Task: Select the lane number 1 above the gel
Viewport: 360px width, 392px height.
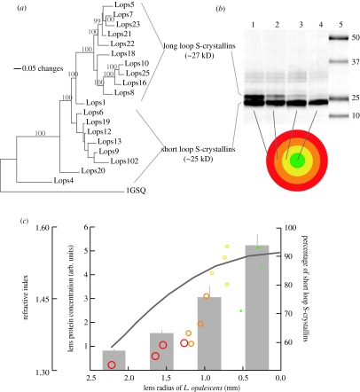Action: pyautogui.click(x=235, y=18)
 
